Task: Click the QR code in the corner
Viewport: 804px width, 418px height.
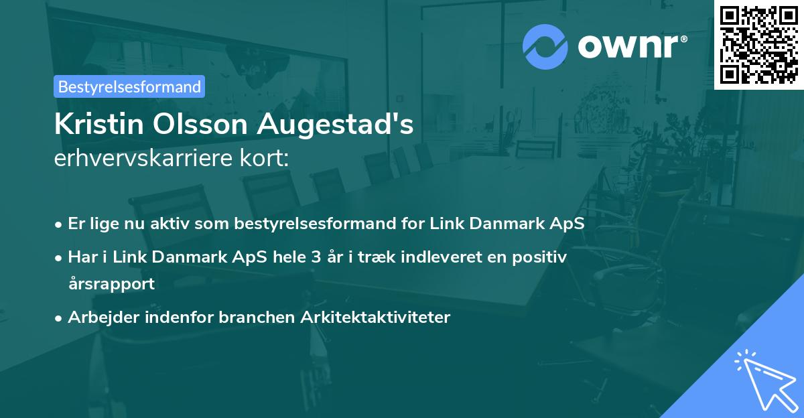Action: pyautogui.click(x=758, y=44)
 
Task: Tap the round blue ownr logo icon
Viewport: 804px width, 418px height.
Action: pyautogui.click(x=545, y=47)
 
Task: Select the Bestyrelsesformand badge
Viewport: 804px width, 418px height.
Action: pyautogui.click(x=129, y=86)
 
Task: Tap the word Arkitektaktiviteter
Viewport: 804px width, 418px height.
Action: pyautogui.click(x=381, y=317)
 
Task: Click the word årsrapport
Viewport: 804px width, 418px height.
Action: pyautogui.click(x=111, y=283)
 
